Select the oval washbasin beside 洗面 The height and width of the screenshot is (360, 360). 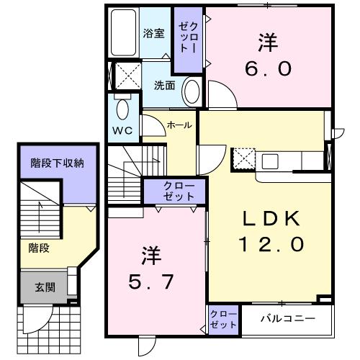coord(192,91)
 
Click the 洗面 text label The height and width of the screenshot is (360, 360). coord(164,85)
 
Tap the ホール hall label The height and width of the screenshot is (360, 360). coord(179,125)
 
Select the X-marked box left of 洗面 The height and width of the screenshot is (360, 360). coord(127,76)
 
